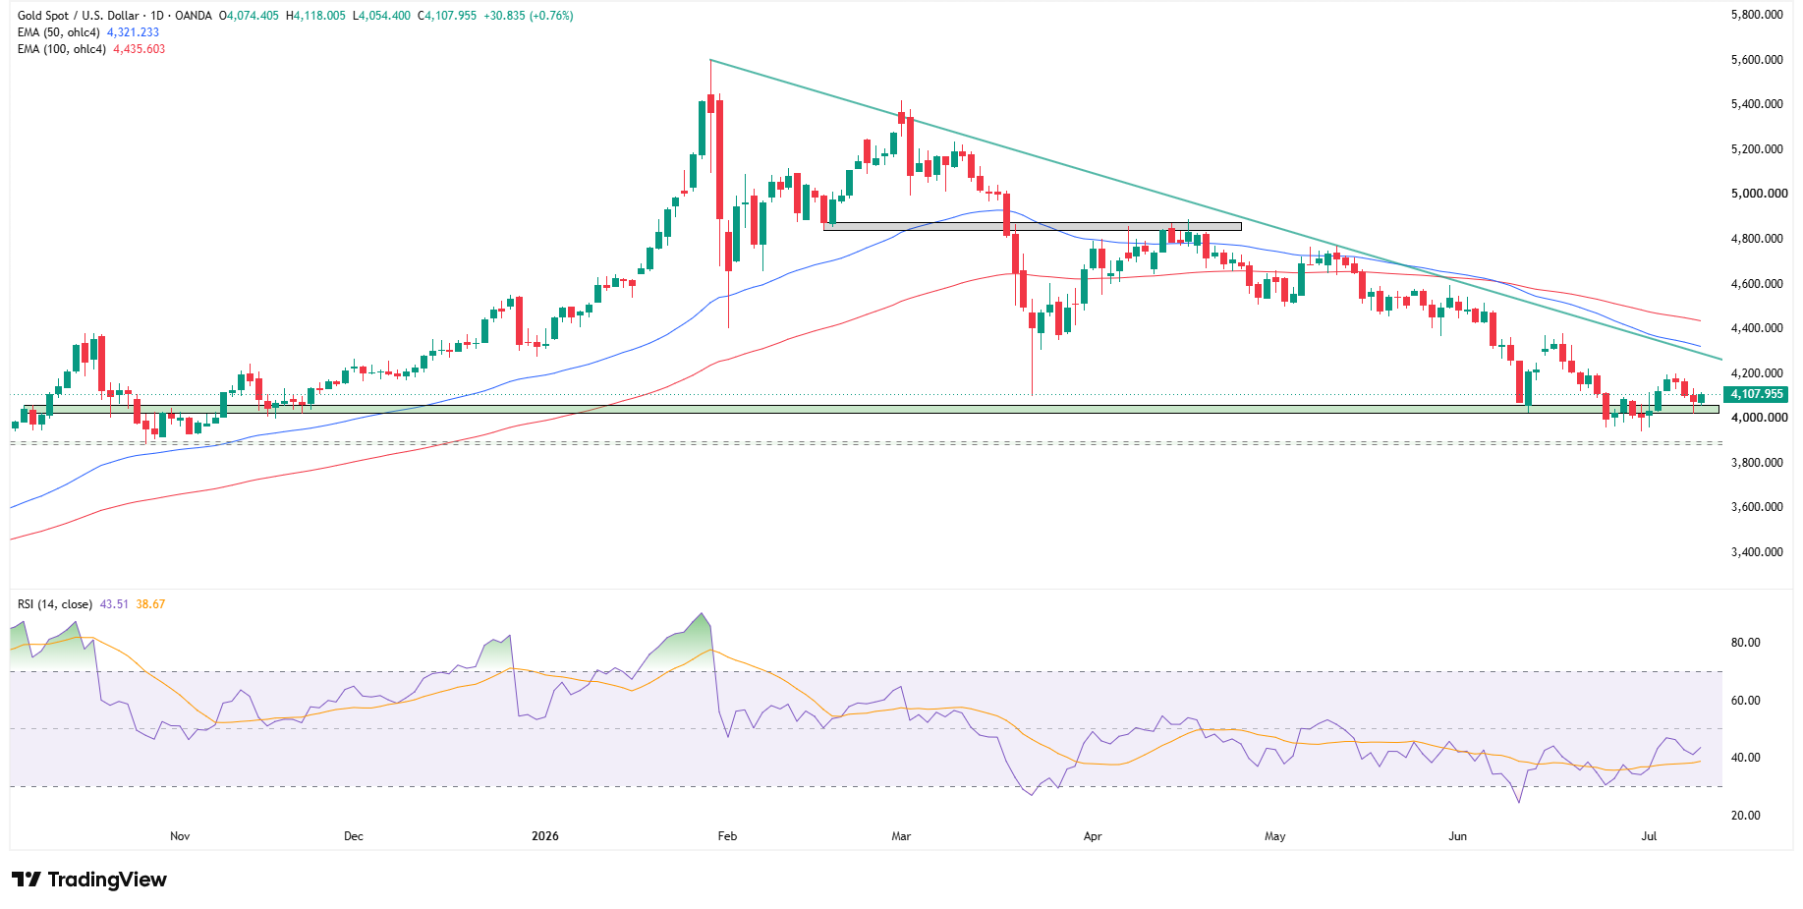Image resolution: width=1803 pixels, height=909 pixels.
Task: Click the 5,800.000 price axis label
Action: pyautogui.click(x=1757, y=15)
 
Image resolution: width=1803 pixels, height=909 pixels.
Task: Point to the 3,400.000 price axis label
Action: pyautogui.click(x=1757, y=552)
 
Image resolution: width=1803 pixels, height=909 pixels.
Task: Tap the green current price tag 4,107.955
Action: pyautogui.click(x=1757, y=394)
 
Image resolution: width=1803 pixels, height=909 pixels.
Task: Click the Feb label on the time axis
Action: pyautogui.click(x=727, y=836)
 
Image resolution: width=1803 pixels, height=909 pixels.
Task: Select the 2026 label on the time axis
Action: pyautogui.click(x=545, y=836)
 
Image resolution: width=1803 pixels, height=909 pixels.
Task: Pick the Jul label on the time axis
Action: pyautogui.click(x=1650, y=836)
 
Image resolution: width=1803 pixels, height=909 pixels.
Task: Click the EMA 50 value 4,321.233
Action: pyautogui.click(x=133, y=32)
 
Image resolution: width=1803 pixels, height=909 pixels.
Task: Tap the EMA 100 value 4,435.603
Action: pyautogui.click(x=140, y=49)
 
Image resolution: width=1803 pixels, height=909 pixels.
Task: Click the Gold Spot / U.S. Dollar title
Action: pyautogui.click(x=80, y=16)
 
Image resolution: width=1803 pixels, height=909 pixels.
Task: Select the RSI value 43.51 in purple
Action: pyautogui.click(x=114, y=604)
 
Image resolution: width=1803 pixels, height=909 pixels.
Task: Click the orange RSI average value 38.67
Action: pyautogui.click(x=150, y=604)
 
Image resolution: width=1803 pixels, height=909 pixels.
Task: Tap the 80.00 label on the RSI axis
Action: pyautogui.click(x=1745, y=643)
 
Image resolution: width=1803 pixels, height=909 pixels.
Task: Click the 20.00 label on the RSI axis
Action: pyautogui.click(x=1745, y=816)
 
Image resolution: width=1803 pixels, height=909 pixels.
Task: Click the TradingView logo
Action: pyautogui.click(x=89, y=880)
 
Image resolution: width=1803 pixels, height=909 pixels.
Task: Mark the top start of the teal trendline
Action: pyautogui.click(x=710, y=60)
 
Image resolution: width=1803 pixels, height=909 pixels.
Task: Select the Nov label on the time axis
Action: pyautogui.click(x=180, y=836)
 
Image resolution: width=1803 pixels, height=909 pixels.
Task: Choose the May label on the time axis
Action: pyautogui.click(x=1275, y=836)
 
